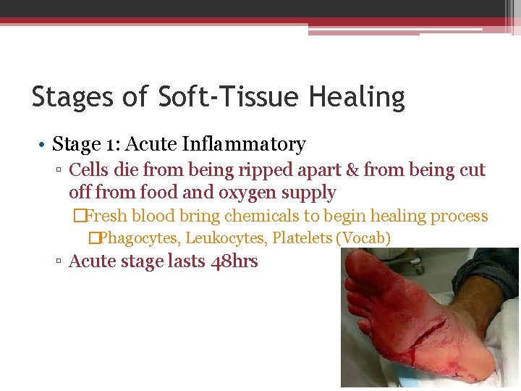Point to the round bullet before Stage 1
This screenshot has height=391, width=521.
(43, 145)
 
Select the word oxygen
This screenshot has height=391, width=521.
(229, 193)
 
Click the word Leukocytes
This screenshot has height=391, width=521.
(226, 237)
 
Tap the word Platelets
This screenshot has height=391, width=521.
(302, 237)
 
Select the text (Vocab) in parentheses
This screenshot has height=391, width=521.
(363, 237)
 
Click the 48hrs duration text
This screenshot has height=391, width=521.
(234, 261)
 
